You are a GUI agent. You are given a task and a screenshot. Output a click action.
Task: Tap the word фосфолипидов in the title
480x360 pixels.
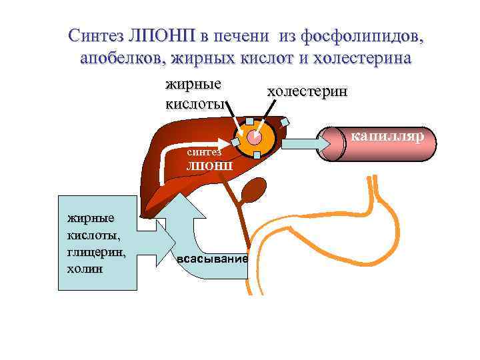click(364, 35)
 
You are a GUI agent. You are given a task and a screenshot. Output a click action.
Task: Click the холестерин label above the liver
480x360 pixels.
click(307, 92)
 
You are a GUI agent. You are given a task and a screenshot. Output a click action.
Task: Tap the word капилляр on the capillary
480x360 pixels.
click(393, 137)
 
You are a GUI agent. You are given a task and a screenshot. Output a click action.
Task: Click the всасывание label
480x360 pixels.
click(213, 259)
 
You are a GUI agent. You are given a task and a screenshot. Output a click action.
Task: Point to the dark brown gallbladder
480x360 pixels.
click(253, 191)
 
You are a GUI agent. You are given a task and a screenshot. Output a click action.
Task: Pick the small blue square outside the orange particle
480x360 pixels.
click(285, 122)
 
